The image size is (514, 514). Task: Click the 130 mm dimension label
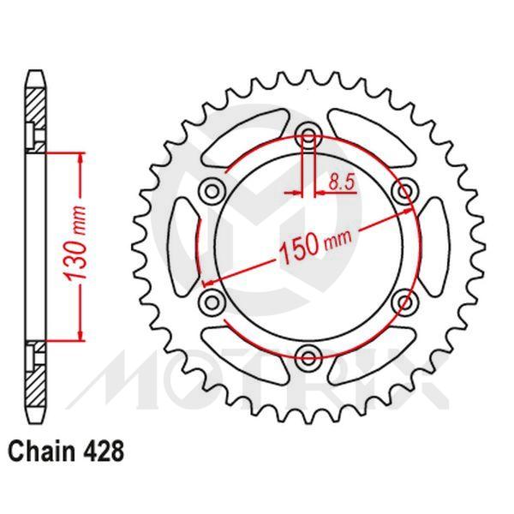75,248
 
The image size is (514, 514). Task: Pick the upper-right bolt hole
403,189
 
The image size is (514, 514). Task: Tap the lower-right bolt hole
403,299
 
